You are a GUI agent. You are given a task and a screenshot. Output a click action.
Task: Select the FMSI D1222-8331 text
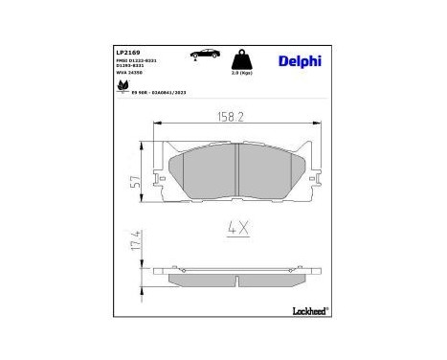(135, 61)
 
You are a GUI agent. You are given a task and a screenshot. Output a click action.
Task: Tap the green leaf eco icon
(123, 89)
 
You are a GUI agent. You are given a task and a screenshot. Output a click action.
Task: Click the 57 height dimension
(137, 178)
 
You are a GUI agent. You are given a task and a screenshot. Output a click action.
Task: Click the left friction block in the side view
(201, 281)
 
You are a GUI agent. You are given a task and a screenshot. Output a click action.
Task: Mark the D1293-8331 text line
(131, 67)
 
